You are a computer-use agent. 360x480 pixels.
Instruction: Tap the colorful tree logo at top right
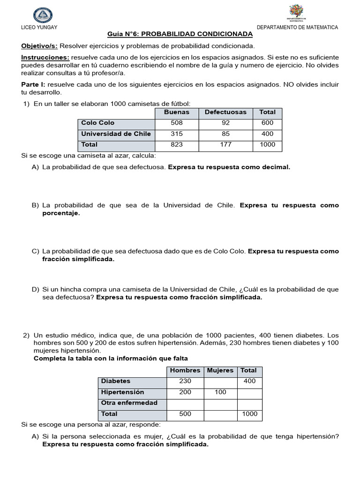296,13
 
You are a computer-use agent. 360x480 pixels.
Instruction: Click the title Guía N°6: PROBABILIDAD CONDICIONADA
180,34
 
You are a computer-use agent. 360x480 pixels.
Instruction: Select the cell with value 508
177,123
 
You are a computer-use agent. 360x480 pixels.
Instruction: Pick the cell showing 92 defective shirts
225,123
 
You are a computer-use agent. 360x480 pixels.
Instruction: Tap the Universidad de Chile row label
116,134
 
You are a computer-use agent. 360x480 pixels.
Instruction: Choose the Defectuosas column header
225,112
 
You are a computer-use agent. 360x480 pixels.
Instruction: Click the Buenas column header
177,112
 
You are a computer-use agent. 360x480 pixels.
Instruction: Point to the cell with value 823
177,145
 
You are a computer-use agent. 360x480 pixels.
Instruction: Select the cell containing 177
225,145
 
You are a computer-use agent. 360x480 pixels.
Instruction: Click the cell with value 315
177,134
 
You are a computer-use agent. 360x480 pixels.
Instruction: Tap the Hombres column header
185,371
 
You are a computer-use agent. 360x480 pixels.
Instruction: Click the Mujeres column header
220,371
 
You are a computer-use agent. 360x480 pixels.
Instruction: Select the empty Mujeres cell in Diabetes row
220,382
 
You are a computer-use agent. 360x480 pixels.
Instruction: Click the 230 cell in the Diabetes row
185,382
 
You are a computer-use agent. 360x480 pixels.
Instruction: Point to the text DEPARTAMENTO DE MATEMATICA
297,28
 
